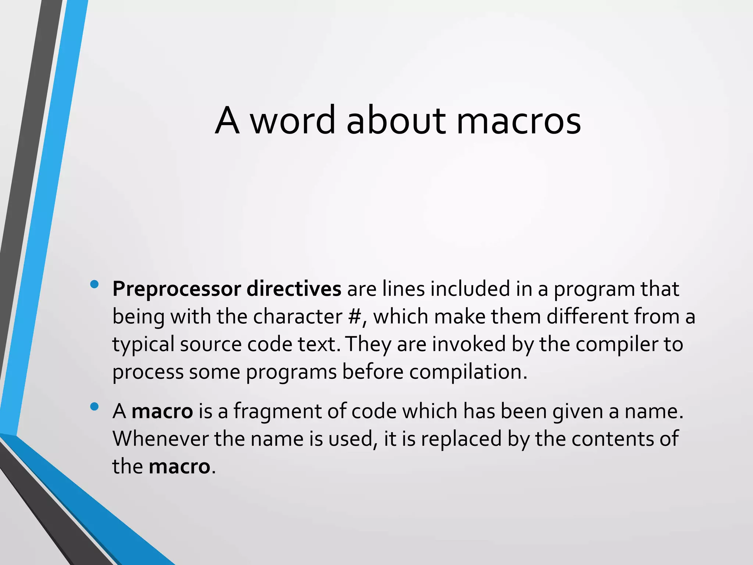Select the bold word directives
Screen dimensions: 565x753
click(x=294, y=289)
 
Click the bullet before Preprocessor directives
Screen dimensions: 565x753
click(x=94, y=284)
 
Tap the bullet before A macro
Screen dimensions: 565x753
click(x=94, y=406)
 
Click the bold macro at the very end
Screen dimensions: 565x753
click(x=179, y=466)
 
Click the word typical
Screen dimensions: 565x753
click(x=143, y=344)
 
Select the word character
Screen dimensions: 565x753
click(x=298, y=316)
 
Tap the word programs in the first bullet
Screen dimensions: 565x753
click(x=291, y=372)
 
